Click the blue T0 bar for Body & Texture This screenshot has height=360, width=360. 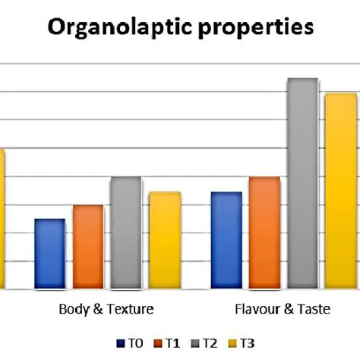[x=50, y=254]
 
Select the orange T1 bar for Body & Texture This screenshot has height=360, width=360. [x=88, y=247]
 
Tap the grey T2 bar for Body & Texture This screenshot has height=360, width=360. [x=126, y=232]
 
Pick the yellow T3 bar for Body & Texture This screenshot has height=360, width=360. [x=165, y=240]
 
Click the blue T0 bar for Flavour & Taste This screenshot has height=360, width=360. [x=226, y=240]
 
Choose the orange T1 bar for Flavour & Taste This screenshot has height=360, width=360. [x=264, y=232]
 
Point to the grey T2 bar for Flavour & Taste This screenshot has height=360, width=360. [x=302, y=183]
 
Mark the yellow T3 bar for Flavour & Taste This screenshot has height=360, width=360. [x=340, y=191]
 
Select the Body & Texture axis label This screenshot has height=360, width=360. [x=106, y=310]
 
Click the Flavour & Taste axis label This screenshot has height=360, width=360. [x=281, y=310]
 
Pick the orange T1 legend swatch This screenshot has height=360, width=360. [x=158, y=343]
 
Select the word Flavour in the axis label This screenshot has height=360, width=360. [x=256, y=310]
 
